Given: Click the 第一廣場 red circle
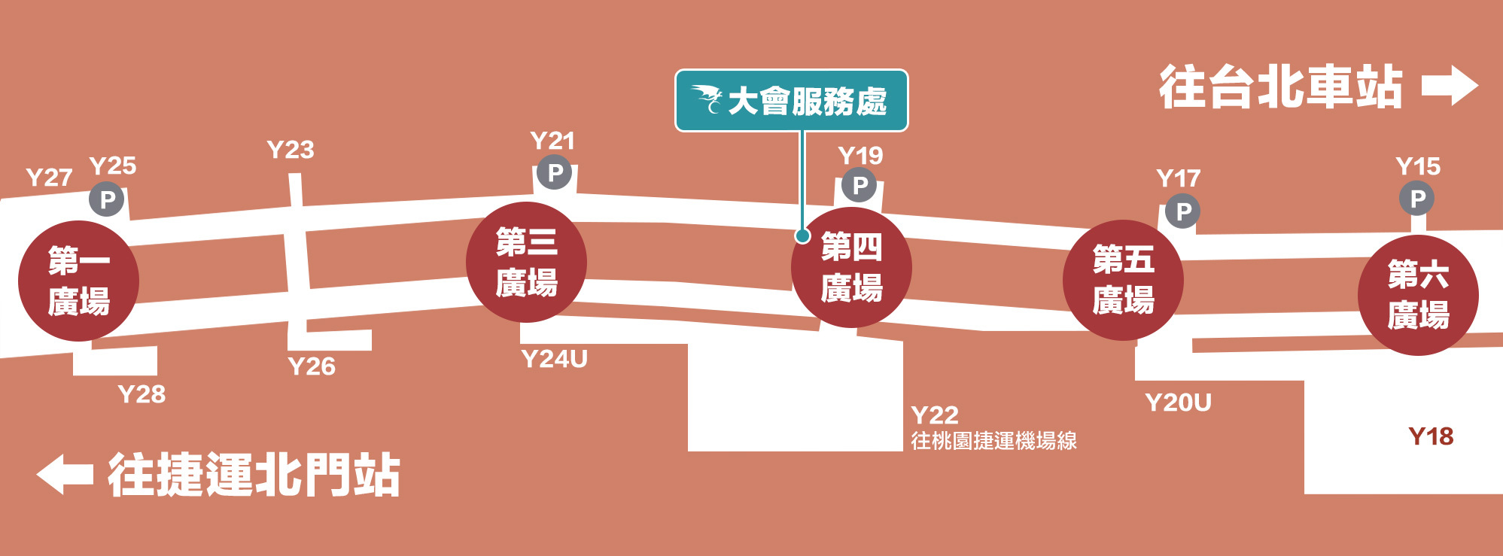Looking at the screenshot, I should pos(78,281).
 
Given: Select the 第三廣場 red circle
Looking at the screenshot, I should pos(526,262).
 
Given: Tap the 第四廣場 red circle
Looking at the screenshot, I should pos(851,267).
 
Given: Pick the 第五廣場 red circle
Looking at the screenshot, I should pos(1123,280).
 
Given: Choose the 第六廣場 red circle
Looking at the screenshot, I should pos(1418,295).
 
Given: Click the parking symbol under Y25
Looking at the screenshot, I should pos(107,199).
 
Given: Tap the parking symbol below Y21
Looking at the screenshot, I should pos(555,172).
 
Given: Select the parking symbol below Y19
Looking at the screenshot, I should pos(860,185).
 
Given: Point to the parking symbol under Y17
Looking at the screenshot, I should pos(1183,211).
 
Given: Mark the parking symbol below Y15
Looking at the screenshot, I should pos(1417,199).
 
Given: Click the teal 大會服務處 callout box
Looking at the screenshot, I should pos(791,101).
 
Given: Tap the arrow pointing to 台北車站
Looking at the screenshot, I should pos(1450,86).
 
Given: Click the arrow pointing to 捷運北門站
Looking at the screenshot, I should pos(65,474).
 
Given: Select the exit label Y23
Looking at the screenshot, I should pos(291,150).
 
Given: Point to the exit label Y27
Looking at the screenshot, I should pos(49,178).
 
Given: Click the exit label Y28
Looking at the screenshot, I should pos(141,394).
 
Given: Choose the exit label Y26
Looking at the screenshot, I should pos(312,366).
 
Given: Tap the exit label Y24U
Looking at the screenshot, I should pos(554,359).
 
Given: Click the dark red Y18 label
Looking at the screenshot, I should pos(1430,436).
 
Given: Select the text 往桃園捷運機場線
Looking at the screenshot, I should pos(993,441).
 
